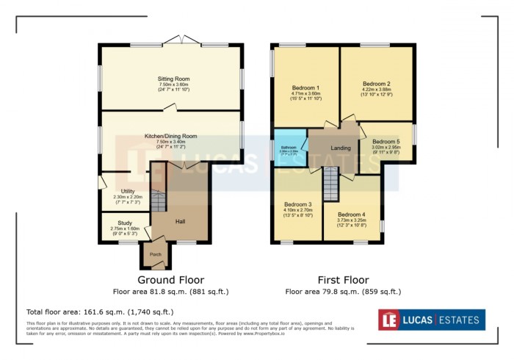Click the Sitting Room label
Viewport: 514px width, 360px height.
[173, 79]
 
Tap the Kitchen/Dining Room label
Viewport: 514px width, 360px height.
[170, 136]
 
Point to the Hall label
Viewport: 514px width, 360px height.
[180, 220]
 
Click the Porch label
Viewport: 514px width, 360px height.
[156, 255]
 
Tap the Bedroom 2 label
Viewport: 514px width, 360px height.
[376, 83]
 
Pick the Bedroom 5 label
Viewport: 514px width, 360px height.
[386, 141]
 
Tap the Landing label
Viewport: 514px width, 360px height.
[341, 148]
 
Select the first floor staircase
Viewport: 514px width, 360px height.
[331, 182]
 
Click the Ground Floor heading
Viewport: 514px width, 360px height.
[171, 280]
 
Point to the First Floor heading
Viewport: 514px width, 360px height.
[343, 280]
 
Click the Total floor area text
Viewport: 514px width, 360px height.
[100, 312]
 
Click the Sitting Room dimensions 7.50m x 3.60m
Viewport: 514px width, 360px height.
[173, 85]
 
